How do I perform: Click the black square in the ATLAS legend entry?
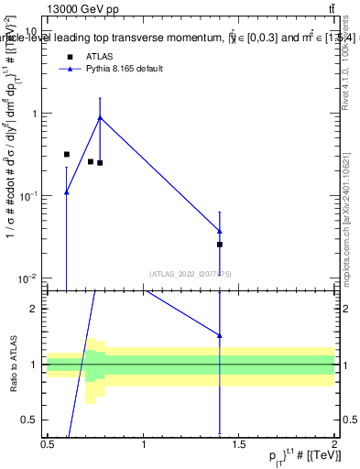(68, 57)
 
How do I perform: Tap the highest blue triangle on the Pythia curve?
(100, 117)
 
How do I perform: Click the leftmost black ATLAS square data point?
(67, 155)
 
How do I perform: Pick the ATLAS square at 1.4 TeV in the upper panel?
(220, 245)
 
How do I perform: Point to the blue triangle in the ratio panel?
(220, 335)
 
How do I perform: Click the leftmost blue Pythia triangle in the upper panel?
(67, 192)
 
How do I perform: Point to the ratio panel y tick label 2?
(36, 309)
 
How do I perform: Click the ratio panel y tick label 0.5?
(31, 420)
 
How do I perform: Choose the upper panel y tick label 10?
(31, 30)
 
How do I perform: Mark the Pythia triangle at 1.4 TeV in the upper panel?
(220, 231)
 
